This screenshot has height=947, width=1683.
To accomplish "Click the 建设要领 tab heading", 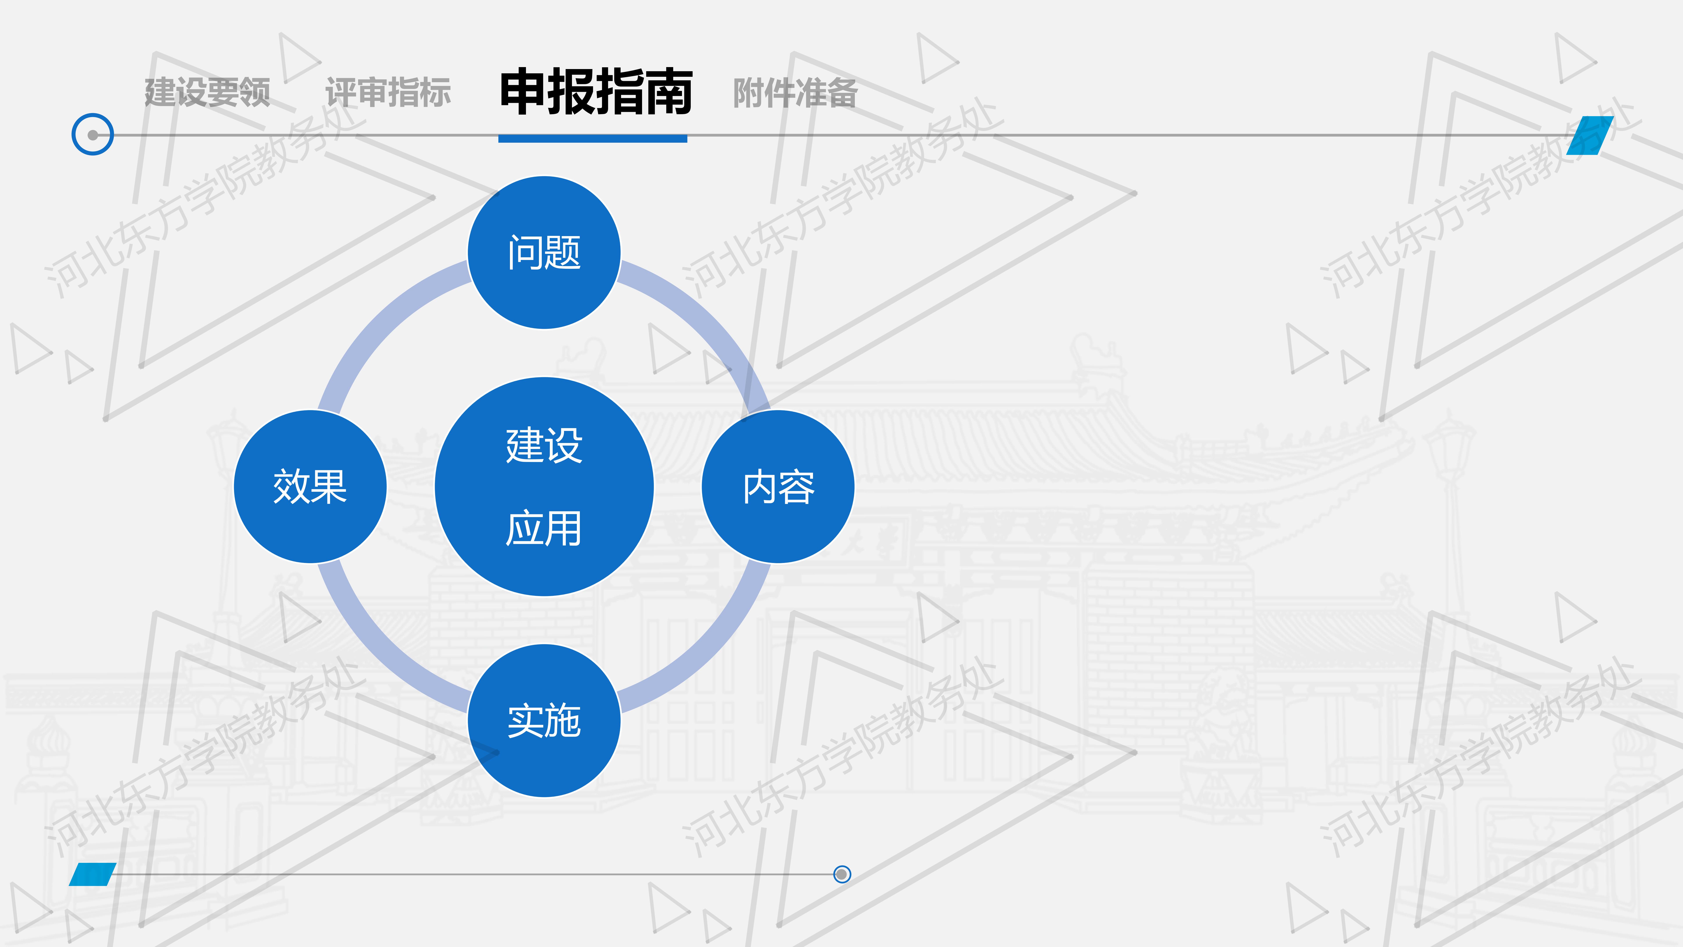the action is click(x=207, y=92).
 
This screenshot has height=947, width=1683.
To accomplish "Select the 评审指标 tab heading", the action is click(x=388, y=92).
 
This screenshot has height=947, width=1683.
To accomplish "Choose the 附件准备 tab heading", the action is click(x=795, y=92).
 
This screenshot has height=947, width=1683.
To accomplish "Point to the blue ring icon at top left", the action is click(x=93, y=135).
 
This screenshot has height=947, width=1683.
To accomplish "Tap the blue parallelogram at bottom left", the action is click(x=93, y=874).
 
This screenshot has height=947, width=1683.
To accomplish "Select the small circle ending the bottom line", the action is click(x=842, y=874).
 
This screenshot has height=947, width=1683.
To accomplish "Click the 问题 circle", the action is click(x=544, y=252).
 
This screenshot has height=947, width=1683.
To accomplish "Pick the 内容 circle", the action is click(x=778, y=486).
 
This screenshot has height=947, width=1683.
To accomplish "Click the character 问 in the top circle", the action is click(x=525, y=252).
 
